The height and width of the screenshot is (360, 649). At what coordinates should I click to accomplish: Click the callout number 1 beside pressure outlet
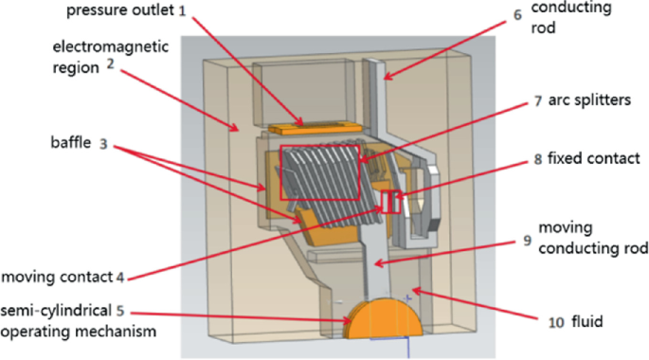[183, 11]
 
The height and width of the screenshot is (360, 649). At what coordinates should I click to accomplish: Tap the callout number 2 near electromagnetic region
[110, 64]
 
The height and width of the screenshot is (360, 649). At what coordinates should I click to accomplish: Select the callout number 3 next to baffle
[103, 144]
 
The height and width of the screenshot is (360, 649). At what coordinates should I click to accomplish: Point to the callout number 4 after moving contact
[120, 278]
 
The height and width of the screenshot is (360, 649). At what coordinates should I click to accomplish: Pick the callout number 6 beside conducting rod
[517, 15]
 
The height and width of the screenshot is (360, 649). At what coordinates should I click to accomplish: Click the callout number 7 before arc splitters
[537, 101]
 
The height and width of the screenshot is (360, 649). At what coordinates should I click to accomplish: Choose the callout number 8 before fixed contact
[537, 159]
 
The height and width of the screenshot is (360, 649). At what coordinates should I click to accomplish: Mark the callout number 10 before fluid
[556, 322]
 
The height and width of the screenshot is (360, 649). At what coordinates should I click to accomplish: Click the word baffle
[71, 142]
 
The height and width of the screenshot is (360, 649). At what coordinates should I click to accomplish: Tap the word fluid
[586, 321]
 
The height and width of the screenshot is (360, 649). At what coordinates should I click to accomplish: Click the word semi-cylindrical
[56, 311]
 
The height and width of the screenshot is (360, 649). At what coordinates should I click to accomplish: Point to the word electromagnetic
[111, 46]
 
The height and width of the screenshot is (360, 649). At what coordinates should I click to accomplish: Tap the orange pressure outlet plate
[315, 127]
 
